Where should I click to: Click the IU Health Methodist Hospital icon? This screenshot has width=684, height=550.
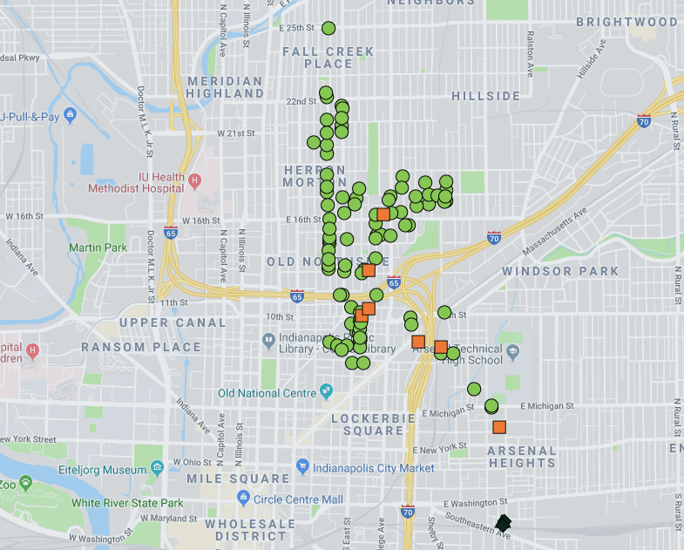pos(195,180)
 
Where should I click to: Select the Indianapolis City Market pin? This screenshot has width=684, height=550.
pos(303,468)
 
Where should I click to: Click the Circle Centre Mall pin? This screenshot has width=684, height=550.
pos(244,499)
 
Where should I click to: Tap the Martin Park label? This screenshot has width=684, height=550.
pos(98,248)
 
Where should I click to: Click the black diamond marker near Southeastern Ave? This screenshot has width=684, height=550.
pos(504,524)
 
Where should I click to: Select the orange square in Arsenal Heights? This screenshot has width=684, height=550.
pos(499,427)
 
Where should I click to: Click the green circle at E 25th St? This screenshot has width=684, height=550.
pos(328,28)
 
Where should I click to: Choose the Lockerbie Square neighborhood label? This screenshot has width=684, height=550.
pos(368,424)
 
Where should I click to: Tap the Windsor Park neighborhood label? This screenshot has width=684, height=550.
pos(560,271)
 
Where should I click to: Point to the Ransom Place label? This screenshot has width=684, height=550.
pos(141,347)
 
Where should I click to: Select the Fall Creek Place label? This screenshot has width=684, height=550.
pos(328,58)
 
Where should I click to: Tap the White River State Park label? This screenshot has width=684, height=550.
pos(127,503)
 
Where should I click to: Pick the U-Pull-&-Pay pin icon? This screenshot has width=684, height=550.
pos(70,116)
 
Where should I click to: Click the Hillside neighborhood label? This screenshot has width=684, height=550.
pos(485,96)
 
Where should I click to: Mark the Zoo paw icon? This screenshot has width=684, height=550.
pos(27,481)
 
